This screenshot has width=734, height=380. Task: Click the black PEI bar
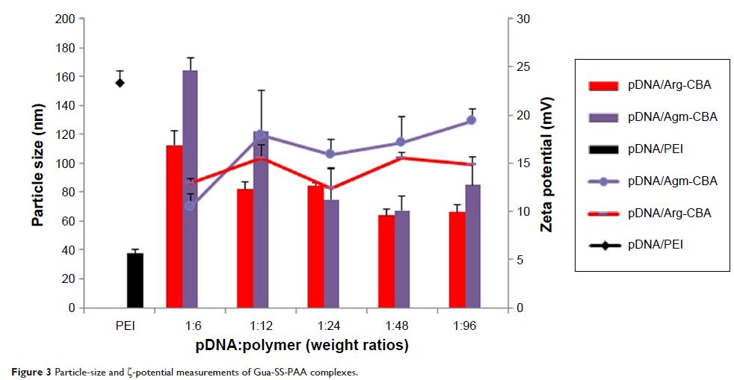135,280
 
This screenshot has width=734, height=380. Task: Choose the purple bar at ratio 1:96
472,246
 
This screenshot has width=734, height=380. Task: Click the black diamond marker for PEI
120,82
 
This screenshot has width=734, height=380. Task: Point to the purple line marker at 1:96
472,120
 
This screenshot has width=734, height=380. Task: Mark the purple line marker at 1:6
190,205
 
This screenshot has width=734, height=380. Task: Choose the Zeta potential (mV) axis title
547,164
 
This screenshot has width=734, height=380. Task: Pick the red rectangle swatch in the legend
604,85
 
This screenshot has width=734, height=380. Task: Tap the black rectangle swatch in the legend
604,149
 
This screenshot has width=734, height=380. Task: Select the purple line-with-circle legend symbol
604,181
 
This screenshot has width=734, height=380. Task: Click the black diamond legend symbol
604,244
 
